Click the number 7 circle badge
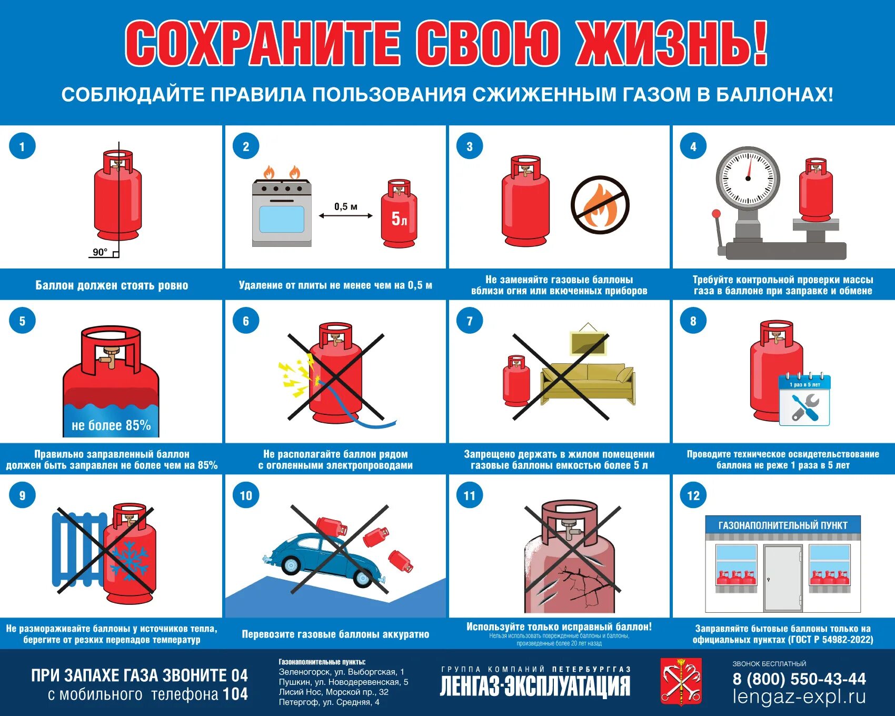click(470, 321)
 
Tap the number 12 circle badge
click(693, 495)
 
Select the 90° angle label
click(100, 252)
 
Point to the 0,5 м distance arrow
click(345, 215)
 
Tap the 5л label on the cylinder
click(399, 218)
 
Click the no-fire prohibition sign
click(600, 205)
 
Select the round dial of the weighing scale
click(748, 178)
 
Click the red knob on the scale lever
click(716, 214)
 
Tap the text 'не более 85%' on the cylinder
click(111, 425)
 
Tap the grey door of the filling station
click(783, 578)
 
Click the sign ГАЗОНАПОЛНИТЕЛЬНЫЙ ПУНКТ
click(783, 525)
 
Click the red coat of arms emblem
click(681, 681)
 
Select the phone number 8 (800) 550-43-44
click(799, 679)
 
